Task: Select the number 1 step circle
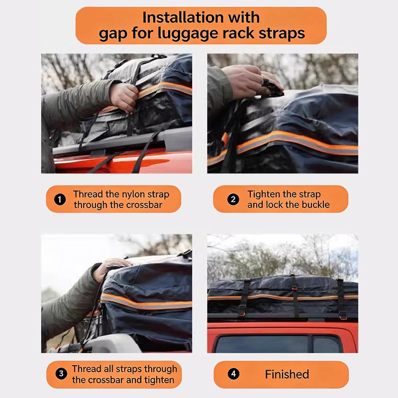click(x=60, y=199)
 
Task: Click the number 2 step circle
click(x=233, y=199)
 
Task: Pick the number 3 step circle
click(x=61, y=374)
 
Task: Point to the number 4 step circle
click(x=233, y=374)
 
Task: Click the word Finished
click(x=287, y=374)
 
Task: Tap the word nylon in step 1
click(x=132, y=195)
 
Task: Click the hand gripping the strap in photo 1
click(x=124, y=97)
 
